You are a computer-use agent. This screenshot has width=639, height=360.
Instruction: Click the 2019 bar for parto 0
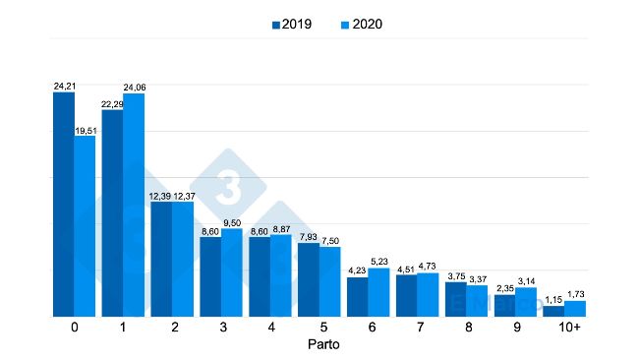coord(64,205)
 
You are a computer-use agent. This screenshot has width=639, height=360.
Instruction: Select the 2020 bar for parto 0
coord(86,226)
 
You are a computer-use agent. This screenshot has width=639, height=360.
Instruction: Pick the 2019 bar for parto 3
coord(210,276)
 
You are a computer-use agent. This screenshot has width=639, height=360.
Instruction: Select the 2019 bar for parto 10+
coord(553,311)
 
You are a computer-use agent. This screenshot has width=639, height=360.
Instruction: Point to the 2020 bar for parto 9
coord(527,302)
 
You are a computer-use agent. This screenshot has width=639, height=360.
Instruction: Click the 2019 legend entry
coord(292,24)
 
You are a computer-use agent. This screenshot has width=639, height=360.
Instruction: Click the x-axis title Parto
coord(319,345)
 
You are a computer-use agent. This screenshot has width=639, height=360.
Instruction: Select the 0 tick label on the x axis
coord(75,328)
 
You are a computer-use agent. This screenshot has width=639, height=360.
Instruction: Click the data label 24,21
coord(64,87)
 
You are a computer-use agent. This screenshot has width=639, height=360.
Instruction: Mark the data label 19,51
coord(87,129)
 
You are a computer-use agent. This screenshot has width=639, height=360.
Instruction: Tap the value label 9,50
coord(233,223)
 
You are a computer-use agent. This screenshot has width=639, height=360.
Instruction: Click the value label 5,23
coord(379,262)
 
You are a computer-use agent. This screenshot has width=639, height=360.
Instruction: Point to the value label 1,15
coord(553,299)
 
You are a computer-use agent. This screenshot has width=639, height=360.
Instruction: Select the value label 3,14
coord(527,280)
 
